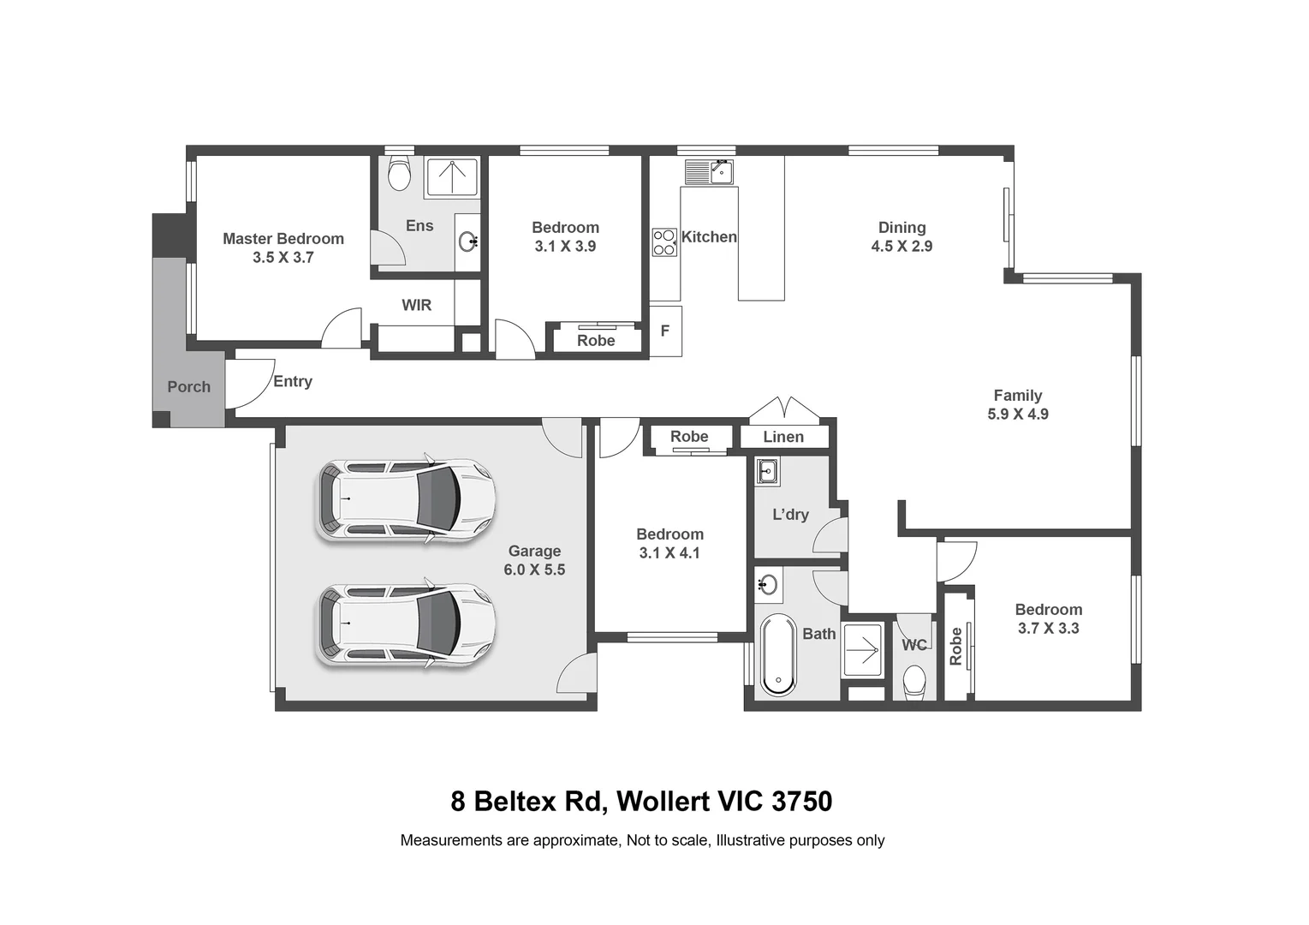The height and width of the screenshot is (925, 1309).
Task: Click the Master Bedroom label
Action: pos(283,239)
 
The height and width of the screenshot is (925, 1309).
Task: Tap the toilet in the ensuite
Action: pos(399,174)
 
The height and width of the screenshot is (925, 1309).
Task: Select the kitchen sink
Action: pos(708,172)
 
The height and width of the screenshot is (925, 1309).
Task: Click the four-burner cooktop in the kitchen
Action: pos(664,242)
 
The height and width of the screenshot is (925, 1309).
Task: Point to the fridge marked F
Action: pos(665,331)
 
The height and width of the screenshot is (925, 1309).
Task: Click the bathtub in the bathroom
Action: pos(777,654)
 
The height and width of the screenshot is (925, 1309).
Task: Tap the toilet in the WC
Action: pos(914,683)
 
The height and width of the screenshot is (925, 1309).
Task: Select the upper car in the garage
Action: pos(406,501)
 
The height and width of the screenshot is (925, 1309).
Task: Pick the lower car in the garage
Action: pos(406,625)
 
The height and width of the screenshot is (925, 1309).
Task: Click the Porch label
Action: pos(188,387)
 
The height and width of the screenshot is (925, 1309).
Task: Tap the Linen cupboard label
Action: pos(783,437)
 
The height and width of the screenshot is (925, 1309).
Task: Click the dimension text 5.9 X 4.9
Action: pos(1017,415)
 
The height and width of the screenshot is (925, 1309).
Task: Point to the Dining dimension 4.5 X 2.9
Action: pos(901,247)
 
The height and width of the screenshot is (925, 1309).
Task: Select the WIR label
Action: pos(417,305)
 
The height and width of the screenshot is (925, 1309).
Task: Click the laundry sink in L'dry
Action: pos(767,471)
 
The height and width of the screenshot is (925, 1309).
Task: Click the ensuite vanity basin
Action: pos(467,242)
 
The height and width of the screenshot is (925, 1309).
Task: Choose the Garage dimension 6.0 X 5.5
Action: pos(534,570)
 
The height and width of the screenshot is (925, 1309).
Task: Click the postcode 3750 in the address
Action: pos(801,802)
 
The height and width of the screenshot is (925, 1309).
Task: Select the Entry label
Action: pos(293,382)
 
